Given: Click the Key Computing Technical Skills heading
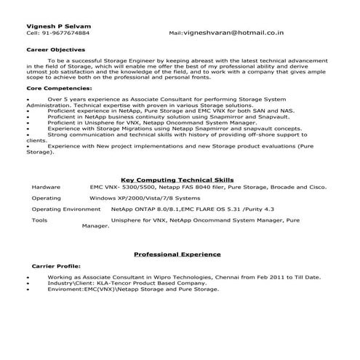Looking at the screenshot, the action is pos(178,179).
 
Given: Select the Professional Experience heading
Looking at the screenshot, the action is pos(177,255).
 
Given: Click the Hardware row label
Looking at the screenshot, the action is pos(46,187).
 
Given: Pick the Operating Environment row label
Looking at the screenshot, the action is pos(66,209).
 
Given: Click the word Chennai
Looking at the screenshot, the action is pos(223,277).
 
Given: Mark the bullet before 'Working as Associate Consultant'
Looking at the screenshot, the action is pos(28,277).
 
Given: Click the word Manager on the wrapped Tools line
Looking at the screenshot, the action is pos(95,226).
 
